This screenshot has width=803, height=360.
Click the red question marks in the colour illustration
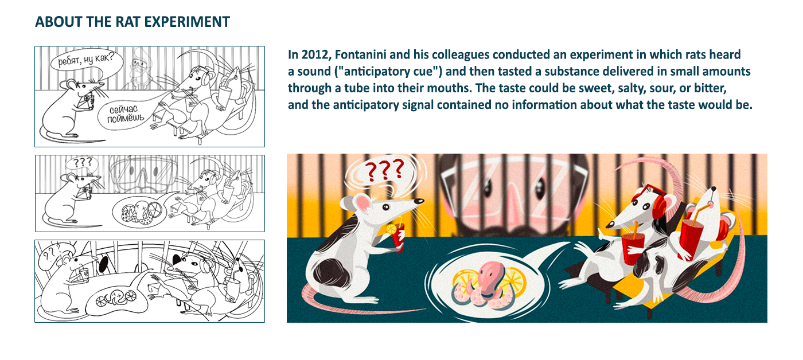(x=385, y=170)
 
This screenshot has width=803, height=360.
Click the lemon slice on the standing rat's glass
(x=391, y=229)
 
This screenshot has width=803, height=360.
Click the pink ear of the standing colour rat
(x=362, y=205)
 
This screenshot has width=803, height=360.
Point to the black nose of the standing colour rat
(x=419, y=201)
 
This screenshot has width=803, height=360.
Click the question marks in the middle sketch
(x=81, y=163)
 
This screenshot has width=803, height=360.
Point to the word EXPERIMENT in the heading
(x=187, y=22)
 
